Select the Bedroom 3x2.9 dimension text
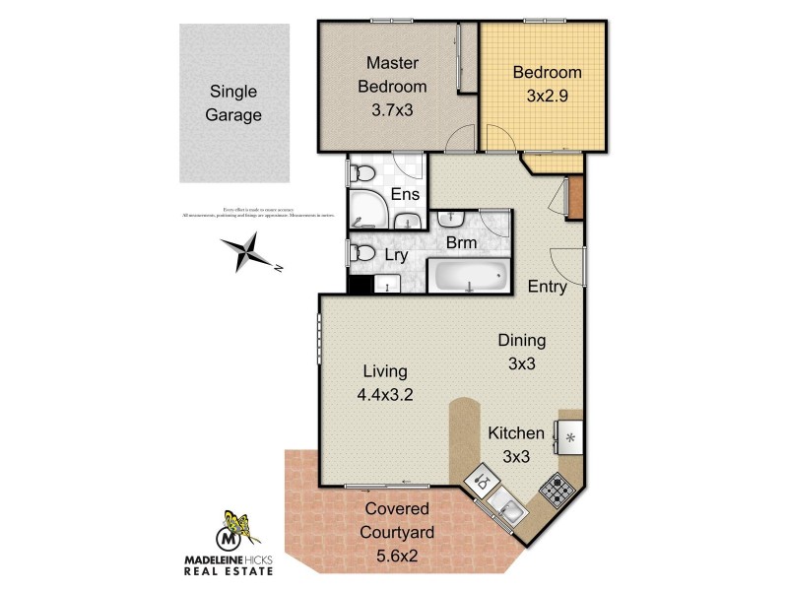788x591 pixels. pos(547,97)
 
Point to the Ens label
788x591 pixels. pos(405,194)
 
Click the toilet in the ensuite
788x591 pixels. pos(361,174)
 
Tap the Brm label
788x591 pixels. pos(461,241)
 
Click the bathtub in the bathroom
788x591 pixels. pos(469,277)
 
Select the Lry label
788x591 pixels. pos(397,254)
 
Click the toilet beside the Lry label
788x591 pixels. pos(361,254)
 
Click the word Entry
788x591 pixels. pos(547,287)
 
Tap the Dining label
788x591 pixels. pos(521,341)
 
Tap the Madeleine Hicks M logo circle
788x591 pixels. pos(229,540)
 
